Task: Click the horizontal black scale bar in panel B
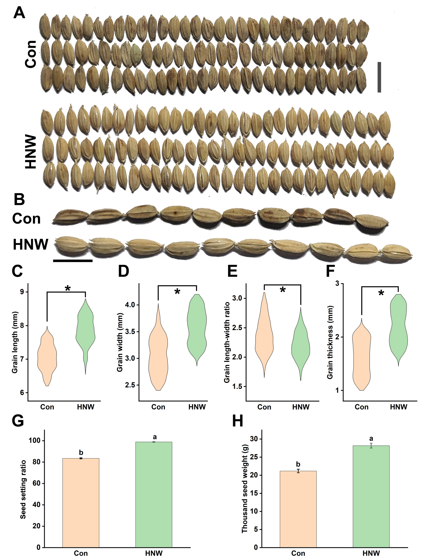tap(73, 260)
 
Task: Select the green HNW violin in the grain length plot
tap(86, 329)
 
